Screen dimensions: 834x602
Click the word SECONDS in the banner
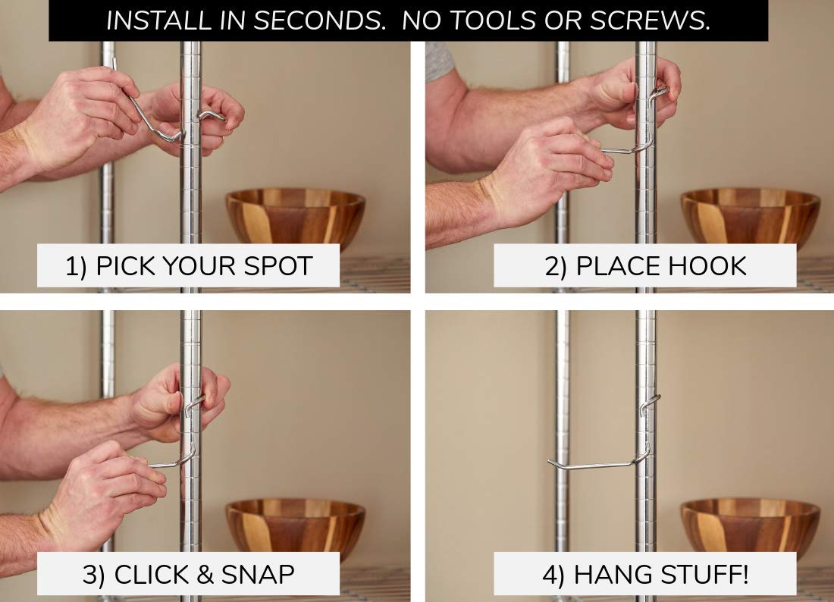[319, 20]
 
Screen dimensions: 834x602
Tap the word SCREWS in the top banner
[650, 20]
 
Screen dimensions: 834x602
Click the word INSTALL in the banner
[158, 20]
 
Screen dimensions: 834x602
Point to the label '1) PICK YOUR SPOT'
[188, 266]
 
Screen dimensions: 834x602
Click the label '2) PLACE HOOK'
[645, 266]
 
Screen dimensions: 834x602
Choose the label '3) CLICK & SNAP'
[188, 575]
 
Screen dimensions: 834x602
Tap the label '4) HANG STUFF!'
[645, 575]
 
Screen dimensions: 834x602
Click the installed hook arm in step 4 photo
[591, 466]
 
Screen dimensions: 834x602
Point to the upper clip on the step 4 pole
[650, 403]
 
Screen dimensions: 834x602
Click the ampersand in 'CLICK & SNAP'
[205, 575]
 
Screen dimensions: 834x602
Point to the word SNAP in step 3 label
[258, 575]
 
